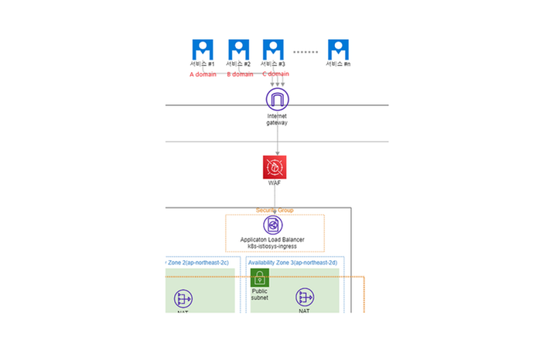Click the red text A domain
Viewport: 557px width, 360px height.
coord(203,75)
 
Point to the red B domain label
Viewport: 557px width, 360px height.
coord(240,75)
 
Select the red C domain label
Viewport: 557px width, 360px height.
coord(275,74)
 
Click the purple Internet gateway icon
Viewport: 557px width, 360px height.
coord(276,99)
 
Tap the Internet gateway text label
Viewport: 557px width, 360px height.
coord(276,119)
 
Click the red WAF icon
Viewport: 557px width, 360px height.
coord(275,167)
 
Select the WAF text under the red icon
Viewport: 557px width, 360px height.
coord(275,184)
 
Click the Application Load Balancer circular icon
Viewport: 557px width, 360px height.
coord(273,225)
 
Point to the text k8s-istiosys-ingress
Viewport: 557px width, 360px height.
coord(273,246)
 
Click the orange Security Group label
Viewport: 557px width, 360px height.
coord(275,211)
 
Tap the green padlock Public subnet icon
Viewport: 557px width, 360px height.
coord(260,278)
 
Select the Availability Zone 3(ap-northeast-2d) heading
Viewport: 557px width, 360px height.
coord(292,262)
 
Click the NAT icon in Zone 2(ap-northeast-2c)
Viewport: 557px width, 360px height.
coord(183,298)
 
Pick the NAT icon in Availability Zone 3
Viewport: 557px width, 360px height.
coord(304,297)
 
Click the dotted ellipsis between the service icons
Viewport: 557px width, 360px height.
coord(306,52)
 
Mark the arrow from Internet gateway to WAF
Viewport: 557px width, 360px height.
coord(276,139)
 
